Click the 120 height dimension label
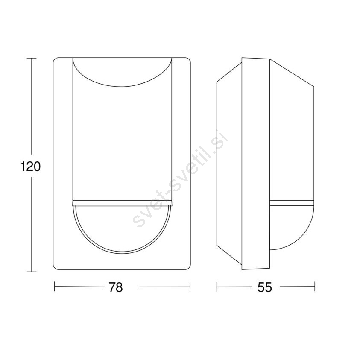[x=31, y=167]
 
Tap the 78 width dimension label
[x=116, y=287]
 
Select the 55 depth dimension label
[x=265, y=287]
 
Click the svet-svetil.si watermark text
[x=180, y=179]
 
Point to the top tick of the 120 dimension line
[x=32, y=59]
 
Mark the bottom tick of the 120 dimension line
[x=32, y=272]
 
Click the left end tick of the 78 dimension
[x=54, y=287]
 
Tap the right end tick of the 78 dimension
[x=190, y=287]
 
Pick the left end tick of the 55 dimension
[x=217, y=287]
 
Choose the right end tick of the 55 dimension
[x=315, y=287]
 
